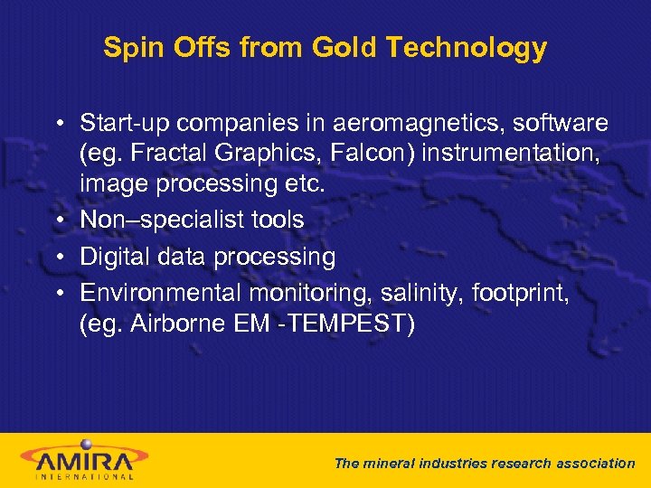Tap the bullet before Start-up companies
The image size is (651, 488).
tap(57, 123)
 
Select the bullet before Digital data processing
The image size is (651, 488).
tap(57, 258)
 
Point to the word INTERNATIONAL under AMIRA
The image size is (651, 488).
tap(84, 475)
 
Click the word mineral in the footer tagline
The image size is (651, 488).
tap(390, 463)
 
